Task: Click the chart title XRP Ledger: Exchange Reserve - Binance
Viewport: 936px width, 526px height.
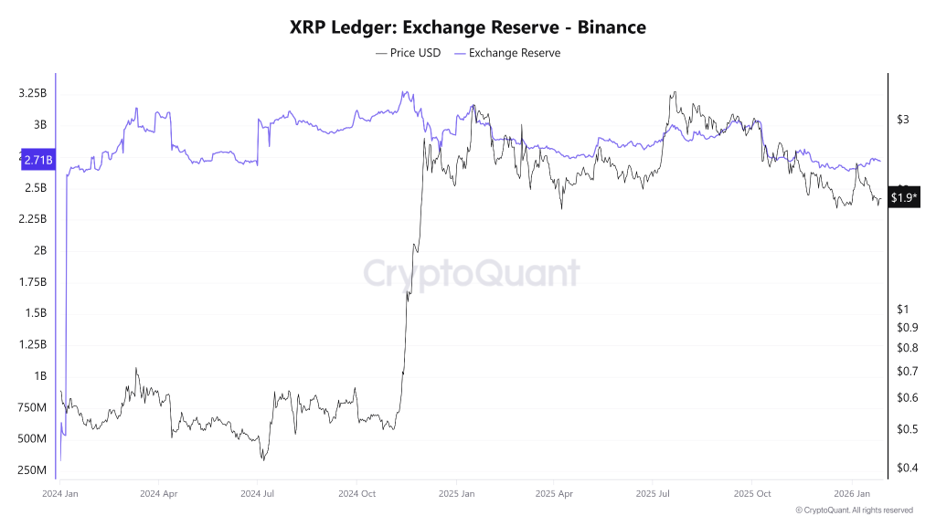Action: click(467, 27)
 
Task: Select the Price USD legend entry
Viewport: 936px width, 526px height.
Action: click(408, 53)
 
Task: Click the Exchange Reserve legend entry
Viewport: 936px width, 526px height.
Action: click(507, 53)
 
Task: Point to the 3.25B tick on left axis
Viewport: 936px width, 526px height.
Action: click(33, 94)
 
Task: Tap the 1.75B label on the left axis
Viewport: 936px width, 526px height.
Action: click(33, 281)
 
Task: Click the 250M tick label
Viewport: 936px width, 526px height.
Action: click(33, 470)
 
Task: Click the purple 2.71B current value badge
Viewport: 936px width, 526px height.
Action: click(37, 160)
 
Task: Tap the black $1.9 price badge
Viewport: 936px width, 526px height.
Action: click(904, 198)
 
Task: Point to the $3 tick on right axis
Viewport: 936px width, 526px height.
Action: click(902, 120)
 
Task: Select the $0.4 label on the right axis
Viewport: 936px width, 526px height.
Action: click(907, 468)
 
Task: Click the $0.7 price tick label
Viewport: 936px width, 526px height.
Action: click(907, 372)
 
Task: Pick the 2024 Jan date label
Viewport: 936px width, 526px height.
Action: click(60, 493)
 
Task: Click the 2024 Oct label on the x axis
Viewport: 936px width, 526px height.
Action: click(357, 493)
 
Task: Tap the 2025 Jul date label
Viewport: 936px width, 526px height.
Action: click(653, 493)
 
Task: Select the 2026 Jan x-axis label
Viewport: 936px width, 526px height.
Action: click(851, 493)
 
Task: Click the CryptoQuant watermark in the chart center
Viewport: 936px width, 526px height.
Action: click(472, 273)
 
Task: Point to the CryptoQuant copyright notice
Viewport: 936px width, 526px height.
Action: click(854, 510)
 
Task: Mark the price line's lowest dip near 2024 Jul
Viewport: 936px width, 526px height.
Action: click(262, 458)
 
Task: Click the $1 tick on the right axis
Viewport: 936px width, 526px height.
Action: click(902, 310)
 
